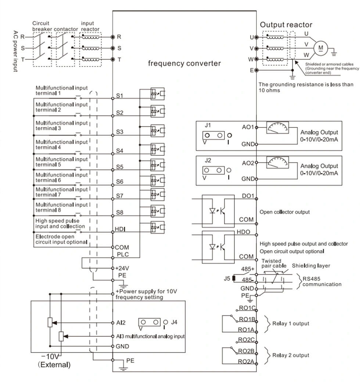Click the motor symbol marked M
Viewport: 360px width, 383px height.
(321, 47)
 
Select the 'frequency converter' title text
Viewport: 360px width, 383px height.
(184, 63)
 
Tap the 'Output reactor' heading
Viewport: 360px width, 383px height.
(286, 25)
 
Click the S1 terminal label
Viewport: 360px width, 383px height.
(119, 95)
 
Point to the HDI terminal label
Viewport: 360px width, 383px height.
(120, 229)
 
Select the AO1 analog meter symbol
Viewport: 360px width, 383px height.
(278, 128)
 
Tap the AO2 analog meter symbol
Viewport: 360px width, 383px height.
(278, 163)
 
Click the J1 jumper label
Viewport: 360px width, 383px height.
(208, 124)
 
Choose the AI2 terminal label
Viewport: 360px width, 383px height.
(121, 323)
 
